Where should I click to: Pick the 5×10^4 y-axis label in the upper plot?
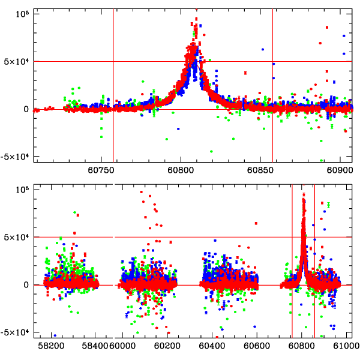17,61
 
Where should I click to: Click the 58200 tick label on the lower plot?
50,346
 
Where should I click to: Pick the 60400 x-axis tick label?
212,346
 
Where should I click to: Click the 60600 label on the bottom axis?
257,346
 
